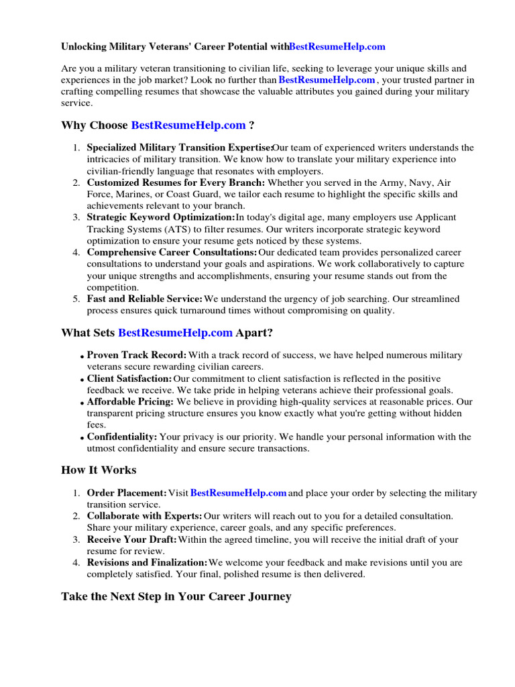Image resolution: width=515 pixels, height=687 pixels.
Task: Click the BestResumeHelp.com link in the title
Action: click(x=337, y=47)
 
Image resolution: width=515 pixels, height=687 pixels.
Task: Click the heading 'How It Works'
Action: click(x=99, y=470)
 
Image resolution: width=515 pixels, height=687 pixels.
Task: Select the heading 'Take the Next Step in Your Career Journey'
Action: click(x=176, y=596)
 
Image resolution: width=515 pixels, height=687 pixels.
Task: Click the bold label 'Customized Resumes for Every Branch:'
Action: click(x=176, y=182)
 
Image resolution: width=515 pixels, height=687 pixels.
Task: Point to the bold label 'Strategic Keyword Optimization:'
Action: click(x=161, y=217)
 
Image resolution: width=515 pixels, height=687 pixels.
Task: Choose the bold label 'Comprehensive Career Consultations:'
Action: click(x=172, y=252)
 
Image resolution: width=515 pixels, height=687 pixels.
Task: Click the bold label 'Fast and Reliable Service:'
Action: click(x=144, y=299)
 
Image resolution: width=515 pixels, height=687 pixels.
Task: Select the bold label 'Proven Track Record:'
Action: click(x=137, y=355)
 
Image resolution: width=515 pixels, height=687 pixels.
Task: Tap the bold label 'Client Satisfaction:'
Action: click(x=129, y=379)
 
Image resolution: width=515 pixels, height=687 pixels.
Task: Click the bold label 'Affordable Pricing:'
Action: click(x=130, y=402)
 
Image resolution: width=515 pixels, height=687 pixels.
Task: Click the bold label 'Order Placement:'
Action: click(x=127, y=493)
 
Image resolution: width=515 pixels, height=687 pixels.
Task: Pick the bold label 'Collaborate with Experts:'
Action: click(x=144, y=516)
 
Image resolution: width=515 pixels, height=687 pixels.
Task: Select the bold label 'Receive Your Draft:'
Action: click(x=132, y=539)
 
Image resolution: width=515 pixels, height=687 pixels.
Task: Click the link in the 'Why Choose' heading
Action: click(x=188, y=125)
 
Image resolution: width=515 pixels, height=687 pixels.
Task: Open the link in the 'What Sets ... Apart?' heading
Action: click(x=175, y=333)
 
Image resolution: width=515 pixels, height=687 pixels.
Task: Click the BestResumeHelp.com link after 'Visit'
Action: click(x=239, y=493)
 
